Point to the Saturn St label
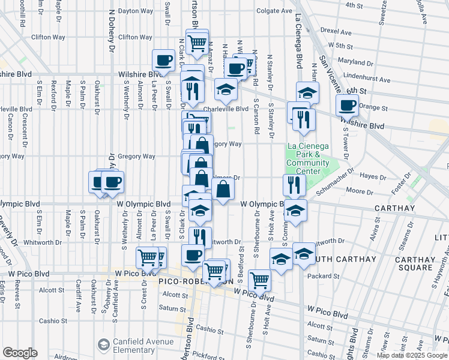(173, 308)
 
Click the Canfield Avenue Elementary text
(131, 346)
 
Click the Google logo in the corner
(20, 353)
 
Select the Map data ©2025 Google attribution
(412, 355)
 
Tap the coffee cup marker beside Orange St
(347, 105)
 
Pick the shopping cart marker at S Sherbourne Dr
(259, 278)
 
